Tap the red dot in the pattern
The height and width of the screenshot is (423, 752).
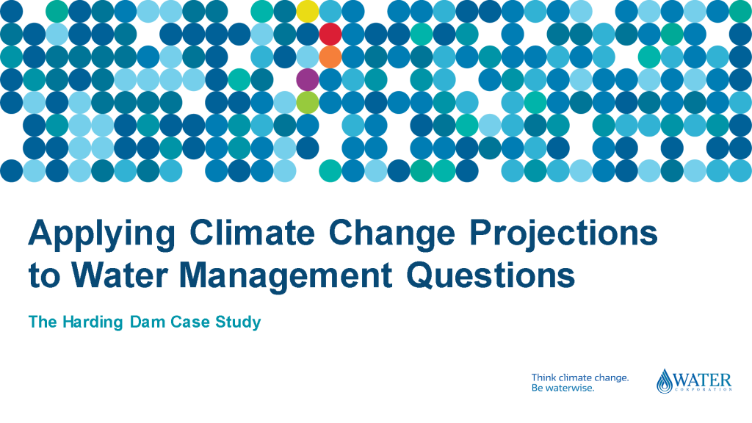[330, 34]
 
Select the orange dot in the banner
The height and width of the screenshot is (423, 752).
[330, 57]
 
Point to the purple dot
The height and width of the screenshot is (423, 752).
[308, 79]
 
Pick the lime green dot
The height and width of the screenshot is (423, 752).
[308, 102]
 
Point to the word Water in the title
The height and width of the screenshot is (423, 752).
[120, 275]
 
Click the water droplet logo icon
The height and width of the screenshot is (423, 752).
[665, 381]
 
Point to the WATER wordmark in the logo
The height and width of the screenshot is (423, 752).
[702, 381]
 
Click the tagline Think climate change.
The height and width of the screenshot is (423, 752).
[580, 378]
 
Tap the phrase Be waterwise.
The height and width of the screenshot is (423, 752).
[563, 388]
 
